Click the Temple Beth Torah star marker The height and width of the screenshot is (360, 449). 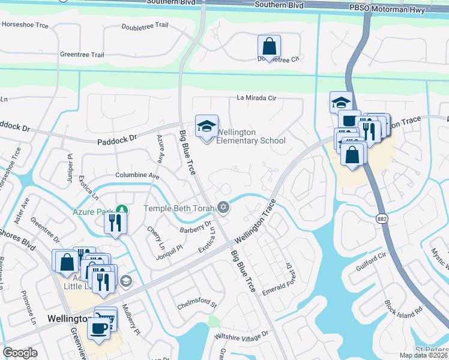[x=223, y=208]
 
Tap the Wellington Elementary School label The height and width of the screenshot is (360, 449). [x=250, y=137]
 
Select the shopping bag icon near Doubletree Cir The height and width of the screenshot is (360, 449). [x=270, y=46]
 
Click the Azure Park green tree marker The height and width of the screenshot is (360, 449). [x=122, y=210]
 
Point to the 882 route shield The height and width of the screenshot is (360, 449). [x=382, y=218]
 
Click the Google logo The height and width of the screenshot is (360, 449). [x=20, y=353]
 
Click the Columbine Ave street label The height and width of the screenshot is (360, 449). [x=137, y=176]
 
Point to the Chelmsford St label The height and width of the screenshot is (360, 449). [x=196, y=305]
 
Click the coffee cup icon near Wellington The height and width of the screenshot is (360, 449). [x=99, y=328]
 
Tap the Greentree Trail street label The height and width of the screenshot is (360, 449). [x=82, y=55]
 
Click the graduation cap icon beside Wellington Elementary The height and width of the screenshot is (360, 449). [x=206, y=126]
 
